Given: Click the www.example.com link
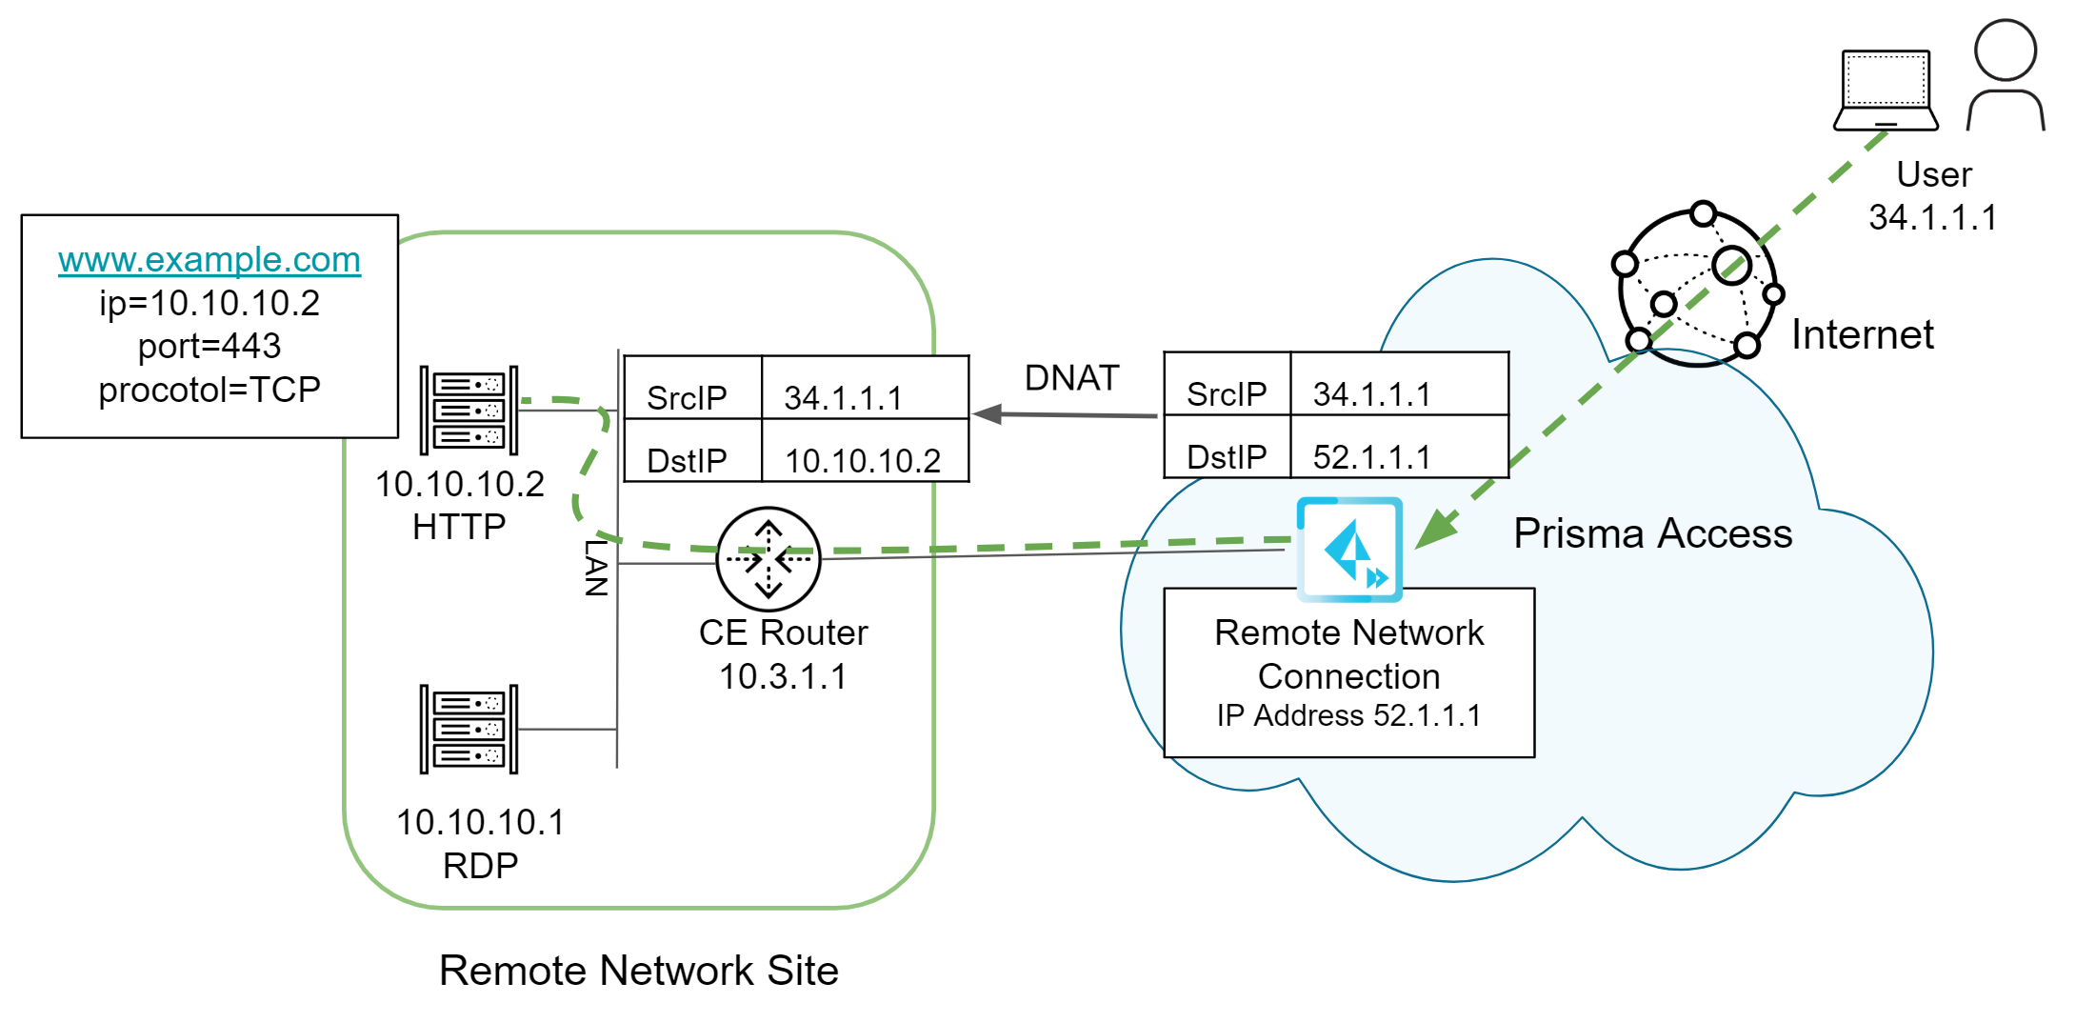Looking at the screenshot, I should point(210,259).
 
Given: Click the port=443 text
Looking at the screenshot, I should point(210,346).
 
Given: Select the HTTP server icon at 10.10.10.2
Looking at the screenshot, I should point(469,411).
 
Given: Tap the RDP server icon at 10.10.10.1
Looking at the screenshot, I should point(469,730).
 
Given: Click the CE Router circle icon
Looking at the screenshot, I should point(768,559).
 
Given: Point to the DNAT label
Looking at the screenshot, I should point(1071,378).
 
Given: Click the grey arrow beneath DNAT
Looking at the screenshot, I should point(1065,414).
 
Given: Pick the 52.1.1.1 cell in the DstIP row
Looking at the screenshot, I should point(1371,457).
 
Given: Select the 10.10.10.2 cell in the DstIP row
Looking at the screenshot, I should point(863,461).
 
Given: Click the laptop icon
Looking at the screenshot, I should point(1886,90).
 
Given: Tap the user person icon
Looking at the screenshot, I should point(2006,76).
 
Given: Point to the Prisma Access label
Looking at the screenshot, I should point(1652,533).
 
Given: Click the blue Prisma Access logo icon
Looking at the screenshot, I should point(1349,550).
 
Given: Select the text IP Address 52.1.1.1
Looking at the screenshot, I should point(1348,715).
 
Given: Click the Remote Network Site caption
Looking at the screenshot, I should point(638,971).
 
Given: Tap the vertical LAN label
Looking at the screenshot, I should point(596,568).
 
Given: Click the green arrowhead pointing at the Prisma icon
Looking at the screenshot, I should point(1436,530).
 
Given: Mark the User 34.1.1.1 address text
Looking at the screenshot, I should point(1933,217).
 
